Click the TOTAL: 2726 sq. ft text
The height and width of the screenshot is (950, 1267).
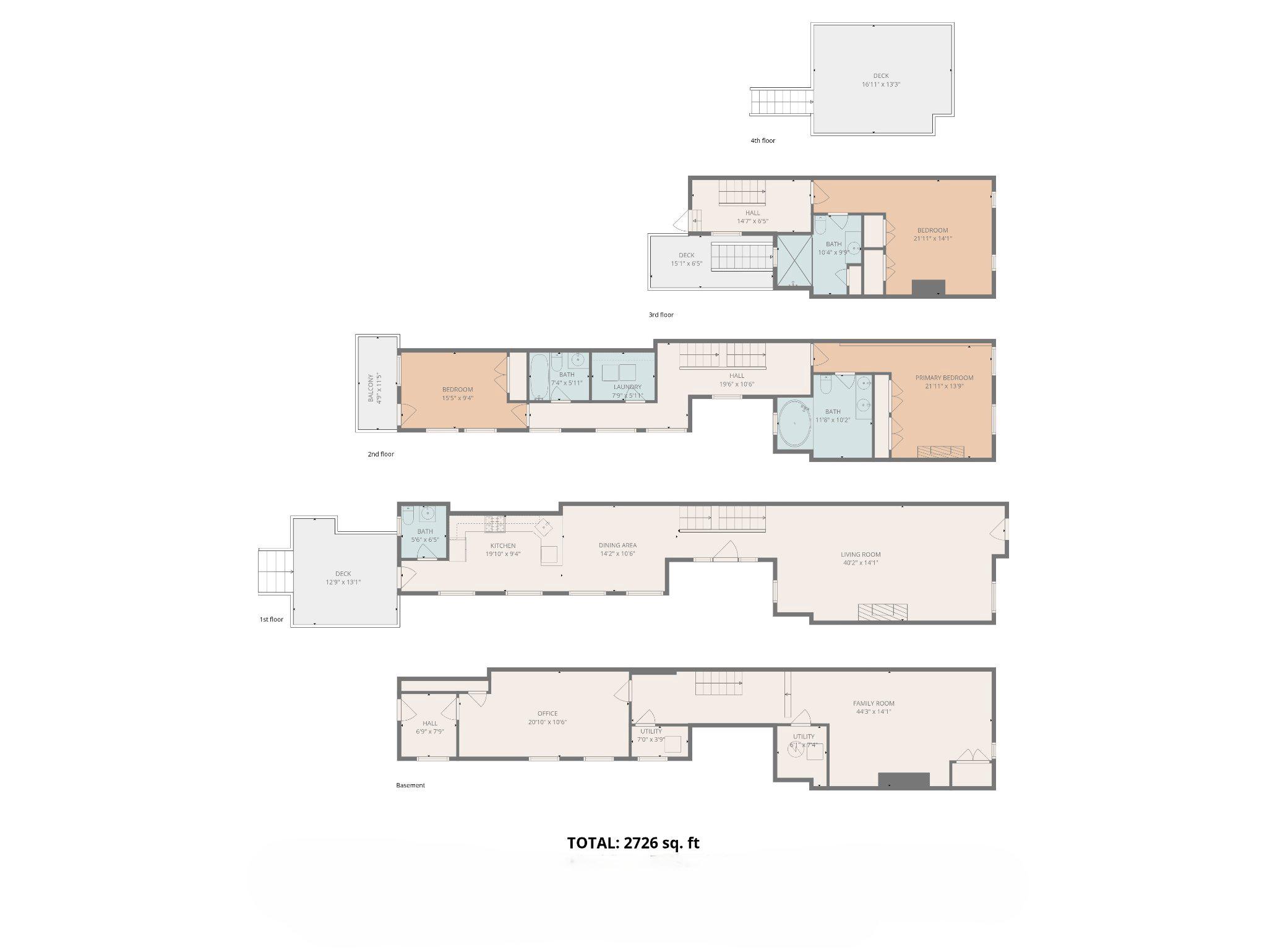pyautogui.click(x=633, y=842)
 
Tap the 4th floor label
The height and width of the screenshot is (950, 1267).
pyautogui.click(x=762, y=141)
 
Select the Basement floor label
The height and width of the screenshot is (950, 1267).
pyautogui.click(x=410, y=785)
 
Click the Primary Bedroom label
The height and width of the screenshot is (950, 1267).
pyautogui.click(x=944, y=378)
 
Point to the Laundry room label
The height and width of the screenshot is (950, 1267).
pyautogui.click(x=627, y=387)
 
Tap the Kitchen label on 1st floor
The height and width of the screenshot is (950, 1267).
pyautogui.click(x=502, y=546)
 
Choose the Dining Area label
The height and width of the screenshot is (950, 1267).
pyautogui.click(x=617, y=545)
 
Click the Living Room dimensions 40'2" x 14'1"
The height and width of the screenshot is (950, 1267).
pyautogui.click(x=861, y=563)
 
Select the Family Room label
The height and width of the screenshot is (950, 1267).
pyautogui.click(x=874, y=703)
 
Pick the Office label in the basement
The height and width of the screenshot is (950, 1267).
pyautogui.click(x=548, y=713)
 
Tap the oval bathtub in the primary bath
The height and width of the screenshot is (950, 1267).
pyautogui.click(x=794, y=423)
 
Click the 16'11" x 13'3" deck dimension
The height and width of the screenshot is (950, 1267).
pyautogui.click(x=881, y=84)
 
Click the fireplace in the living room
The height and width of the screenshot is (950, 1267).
pyautogui.click(x=882, y=612)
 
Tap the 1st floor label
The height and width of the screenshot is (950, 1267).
pyautogui.click(x=271, y=619)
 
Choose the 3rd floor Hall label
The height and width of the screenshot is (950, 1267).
pyautogui.click(x=752, y=213)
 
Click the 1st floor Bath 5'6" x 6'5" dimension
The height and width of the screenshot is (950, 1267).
pyautogui.click(x=425, y=540)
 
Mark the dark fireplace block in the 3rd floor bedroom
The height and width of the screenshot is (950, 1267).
pyautogui.click(x=929, y=288)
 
